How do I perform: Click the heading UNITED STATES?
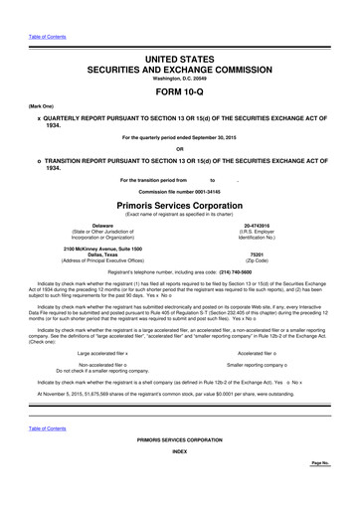click(179, 35)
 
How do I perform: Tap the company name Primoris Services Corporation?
click(179, 203)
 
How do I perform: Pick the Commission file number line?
click(179, 190)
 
